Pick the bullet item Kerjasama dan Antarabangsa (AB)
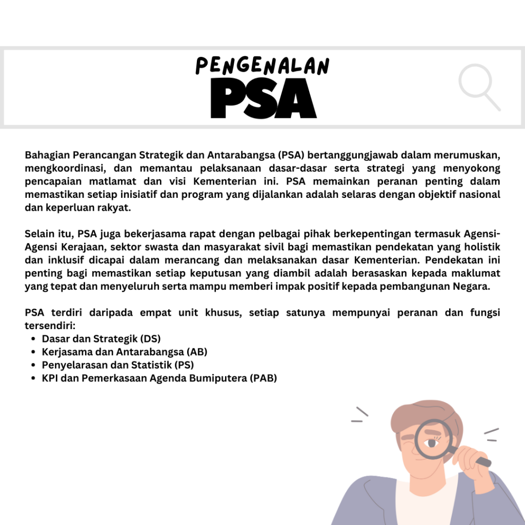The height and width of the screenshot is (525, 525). click(x=125, y=352)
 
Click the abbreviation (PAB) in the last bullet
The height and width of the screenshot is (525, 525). click(x=263, y=378)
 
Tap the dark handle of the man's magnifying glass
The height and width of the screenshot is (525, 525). click(x=482, y=461)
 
